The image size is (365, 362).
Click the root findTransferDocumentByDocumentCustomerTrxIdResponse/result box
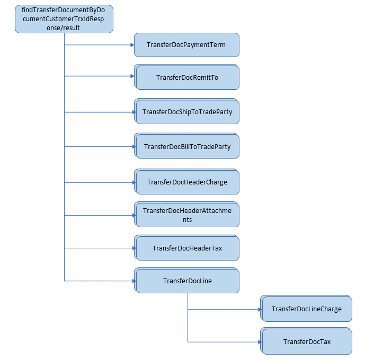(64, 18)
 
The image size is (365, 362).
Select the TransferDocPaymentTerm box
(186, 45)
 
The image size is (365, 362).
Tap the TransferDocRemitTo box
(187, 77)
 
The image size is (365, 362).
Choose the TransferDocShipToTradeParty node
(187, 112)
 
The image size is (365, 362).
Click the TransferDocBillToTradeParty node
(187, 146)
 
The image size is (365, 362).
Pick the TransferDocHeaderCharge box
(187, 182)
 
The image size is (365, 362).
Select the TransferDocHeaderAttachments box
(187, 215)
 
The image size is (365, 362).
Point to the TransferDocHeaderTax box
(187, 248)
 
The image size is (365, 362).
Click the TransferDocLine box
(187, 281)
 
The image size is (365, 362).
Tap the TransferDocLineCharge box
(307, 309)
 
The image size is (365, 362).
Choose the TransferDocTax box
(307, 342)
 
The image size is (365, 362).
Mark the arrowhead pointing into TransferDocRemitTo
(133, 76)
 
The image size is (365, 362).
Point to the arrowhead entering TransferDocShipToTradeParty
(133, 112)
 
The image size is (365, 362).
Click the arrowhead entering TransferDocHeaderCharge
(133, 182)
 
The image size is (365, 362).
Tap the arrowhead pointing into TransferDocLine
(133, 281)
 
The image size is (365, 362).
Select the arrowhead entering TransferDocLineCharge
(260, 309)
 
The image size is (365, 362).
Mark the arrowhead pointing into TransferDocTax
(260, 342)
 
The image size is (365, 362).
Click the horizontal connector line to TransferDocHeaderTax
(98, 248)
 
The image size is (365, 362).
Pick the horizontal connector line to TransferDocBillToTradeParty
(98, 146)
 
